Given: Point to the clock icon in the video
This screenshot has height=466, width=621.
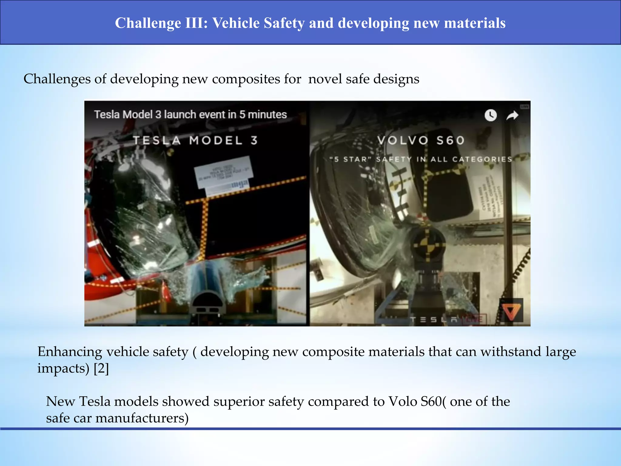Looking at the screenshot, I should pos(491,115).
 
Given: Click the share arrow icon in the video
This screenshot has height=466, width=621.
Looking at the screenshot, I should pos(512,115).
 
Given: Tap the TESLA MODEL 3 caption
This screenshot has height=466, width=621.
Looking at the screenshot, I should pos(196,140).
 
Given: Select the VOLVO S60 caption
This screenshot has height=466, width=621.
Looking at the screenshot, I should pos(421,140).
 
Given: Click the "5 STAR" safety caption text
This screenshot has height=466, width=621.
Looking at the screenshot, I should pos(421,159).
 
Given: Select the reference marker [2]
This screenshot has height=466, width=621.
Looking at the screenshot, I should pos(101,368).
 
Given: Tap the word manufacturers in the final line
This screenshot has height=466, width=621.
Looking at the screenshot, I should pos(142,418).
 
